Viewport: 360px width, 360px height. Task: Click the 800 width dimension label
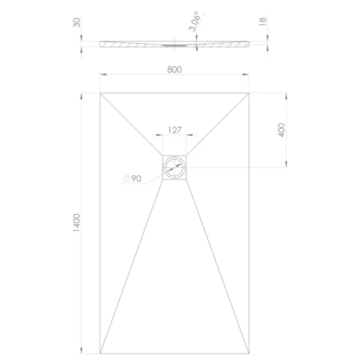(175, 70)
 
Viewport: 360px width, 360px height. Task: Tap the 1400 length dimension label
(76, 223)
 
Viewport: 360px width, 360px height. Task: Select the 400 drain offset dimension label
(281, 130)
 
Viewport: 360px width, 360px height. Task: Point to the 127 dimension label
(175, 130)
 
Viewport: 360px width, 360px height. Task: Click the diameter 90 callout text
(132, 178)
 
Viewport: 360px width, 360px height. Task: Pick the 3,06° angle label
(194, 21)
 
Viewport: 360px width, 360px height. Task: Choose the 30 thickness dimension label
(77, 23)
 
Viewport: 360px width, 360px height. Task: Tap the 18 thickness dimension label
(263, 22)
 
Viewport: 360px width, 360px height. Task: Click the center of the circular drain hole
(175, 167)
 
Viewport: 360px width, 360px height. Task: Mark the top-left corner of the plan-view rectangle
(100, 93)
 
